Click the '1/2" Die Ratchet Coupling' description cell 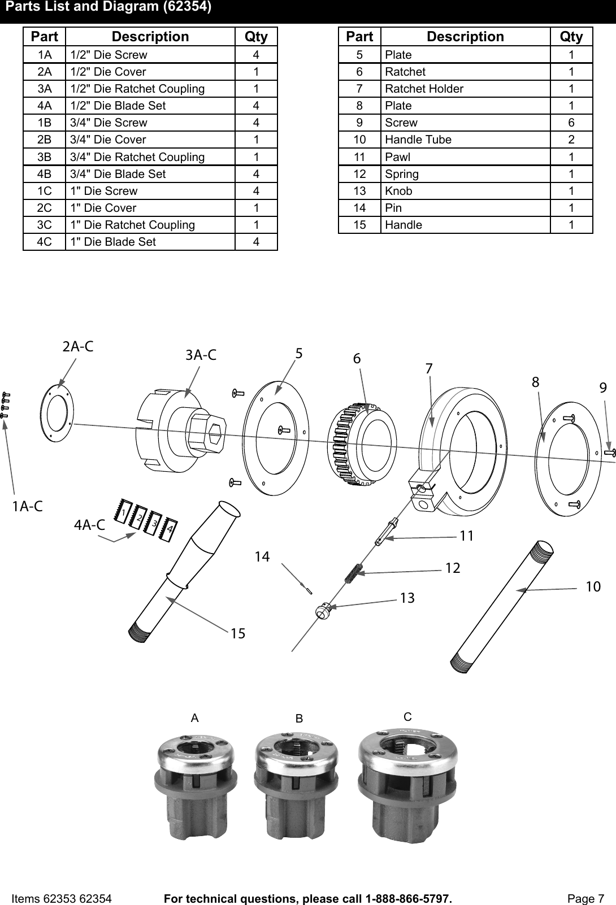pyautogui.click(x=137, y=89)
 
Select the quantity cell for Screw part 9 pyautogui.click(x=571, y=123)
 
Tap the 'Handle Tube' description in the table pyautogui.click(x=418, y=140)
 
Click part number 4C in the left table pyautogui.click(x=44, y=242)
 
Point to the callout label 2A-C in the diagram pyautogui.click(x=77, y=347)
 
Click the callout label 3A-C pyautogui.click(x=201, y=355)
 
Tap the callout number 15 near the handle pyautogui.click(x=238, y=633)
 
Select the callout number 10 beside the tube pyautogui.click(x=593, y=587)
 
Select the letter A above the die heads pyautogui.click(x=195, y=718)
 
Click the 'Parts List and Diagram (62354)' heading pyautogui.click(x=109, y=8)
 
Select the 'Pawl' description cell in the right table pyautogui.click(x=398, y=156)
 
